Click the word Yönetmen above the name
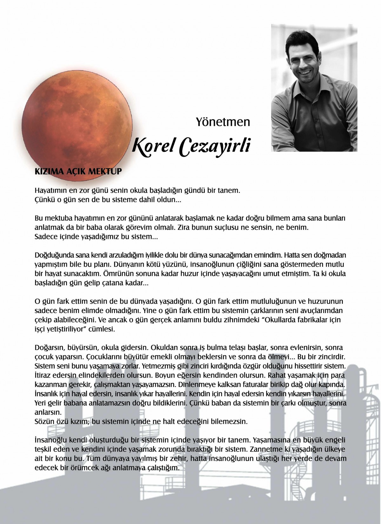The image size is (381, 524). [x=223, y=122]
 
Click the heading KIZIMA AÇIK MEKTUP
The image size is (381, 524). [x=78, y=172]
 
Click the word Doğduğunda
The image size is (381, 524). [x=54, y=255]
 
